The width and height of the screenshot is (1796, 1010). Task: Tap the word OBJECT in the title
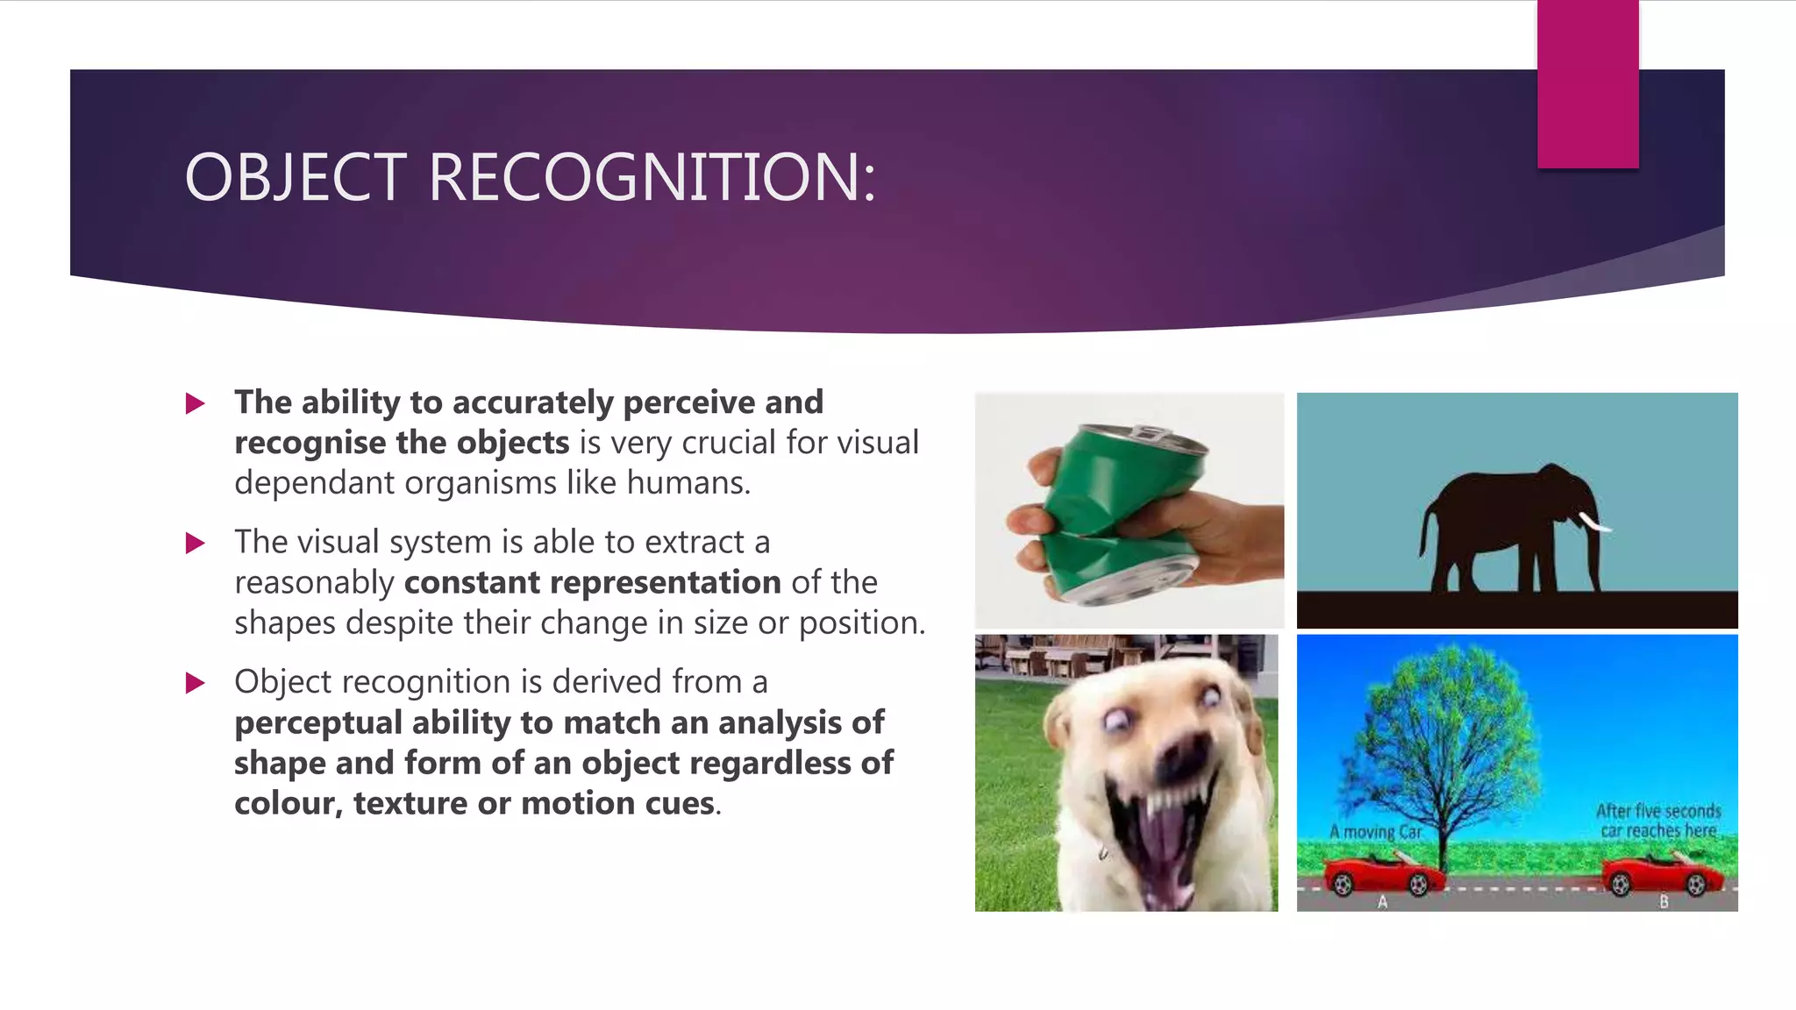pos(296,178)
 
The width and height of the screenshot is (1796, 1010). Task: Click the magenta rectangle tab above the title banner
pos(1587,84)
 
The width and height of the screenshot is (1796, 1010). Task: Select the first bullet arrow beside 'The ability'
pos(196,404)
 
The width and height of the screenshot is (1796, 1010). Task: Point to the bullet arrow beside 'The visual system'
pos(196,544)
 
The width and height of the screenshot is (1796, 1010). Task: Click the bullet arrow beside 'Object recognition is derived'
pos(196,683)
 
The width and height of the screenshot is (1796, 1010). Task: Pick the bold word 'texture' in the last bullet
pos(410,804)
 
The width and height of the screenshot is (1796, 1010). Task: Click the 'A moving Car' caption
pos(1374,831)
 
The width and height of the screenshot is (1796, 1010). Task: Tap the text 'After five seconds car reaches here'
pos(1657,821)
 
